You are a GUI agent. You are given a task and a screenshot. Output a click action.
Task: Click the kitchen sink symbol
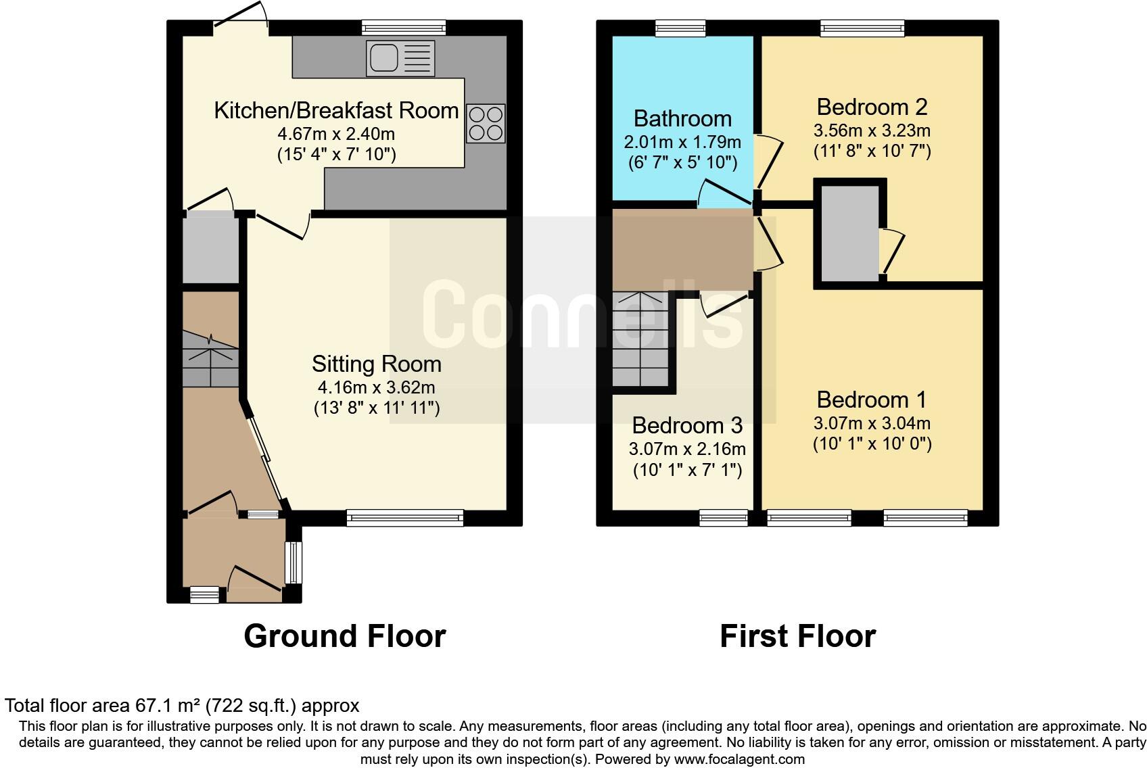pos(400,58)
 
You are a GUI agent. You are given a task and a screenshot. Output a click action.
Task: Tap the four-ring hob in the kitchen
pos(486,124)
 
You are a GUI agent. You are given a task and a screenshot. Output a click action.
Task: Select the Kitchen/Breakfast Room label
pos(336,110)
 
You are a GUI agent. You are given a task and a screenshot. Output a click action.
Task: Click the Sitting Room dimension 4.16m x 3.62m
pos(376,387)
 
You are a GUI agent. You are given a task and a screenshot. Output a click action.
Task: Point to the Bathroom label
pos(682,118)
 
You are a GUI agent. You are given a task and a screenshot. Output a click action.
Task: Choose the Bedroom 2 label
pos(872,107)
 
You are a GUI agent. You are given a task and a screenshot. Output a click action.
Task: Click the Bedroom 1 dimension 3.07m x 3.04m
pos(872,423)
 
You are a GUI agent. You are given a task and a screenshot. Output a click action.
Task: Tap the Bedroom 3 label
pos(686,425)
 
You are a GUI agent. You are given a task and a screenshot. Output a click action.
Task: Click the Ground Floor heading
pos(344,636)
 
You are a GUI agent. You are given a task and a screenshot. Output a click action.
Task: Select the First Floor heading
pos(797,636)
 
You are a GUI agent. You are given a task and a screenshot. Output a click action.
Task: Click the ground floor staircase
pos(210,358)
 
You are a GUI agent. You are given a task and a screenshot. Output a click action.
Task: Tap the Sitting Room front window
pos(405,518)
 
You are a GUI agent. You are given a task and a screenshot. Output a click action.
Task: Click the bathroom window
pos(680,28)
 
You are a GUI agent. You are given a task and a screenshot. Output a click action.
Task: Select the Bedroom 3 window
pos(724,518)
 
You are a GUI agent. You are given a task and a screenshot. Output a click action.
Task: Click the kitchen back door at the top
pos(241,26)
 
